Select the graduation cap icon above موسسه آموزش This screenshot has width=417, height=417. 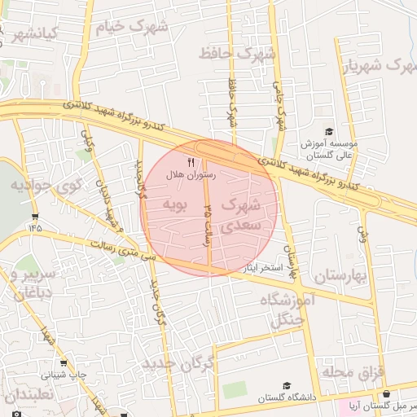pyautogui.click(x=329, y=131)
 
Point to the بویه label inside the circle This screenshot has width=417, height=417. pyautogui.click(x=175, y=204)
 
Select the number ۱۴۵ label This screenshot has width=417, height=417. pyautogui.click(x=34, y=227)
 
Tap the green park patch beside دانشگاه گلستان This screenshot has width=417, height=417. pyautogui.click(x=235, y=390)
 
